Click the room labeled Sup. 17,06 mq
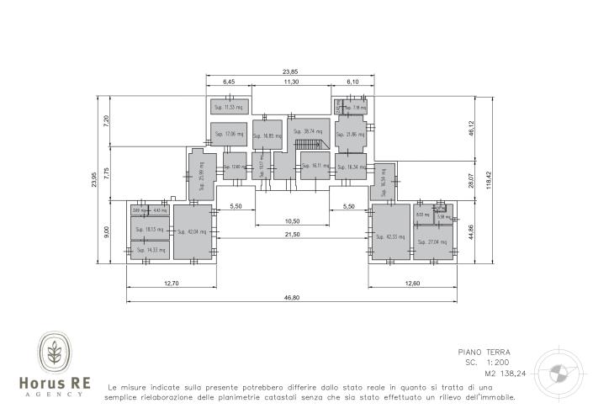[229, 134]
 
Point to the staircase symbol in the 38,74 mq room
[310, 145]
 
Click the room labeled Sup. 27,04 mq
[436, 241]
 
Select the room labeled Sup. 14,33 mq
[151, 250]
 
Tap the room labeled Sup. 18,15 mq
[151, 229]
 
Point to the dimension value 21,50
[291, 234]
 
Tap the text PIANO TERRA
[484, 353]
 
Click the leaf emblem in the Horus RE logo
[55, 353]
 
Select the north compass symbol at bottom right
[556, 373]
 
